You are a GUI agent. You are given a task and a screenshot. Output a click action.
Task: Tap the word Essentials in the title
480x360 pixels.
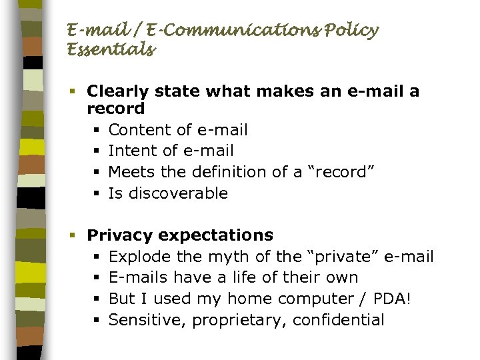(x=111, y=49)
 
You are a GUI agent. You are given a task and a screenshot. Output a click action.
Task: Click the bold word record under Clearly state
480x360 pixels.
(x=116, y=108)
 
